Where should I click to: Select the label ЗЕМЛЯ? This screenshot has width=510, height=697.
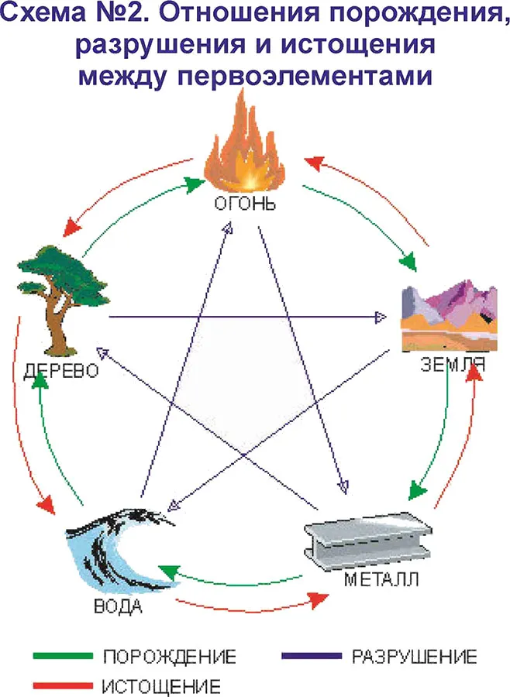coord(453,364)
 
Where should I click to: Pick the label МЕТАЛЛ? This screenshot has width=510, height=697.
coord(379,579)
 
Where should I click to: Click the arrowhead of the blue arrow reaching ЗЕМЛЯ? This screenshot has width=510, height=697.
coord(380,317)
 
